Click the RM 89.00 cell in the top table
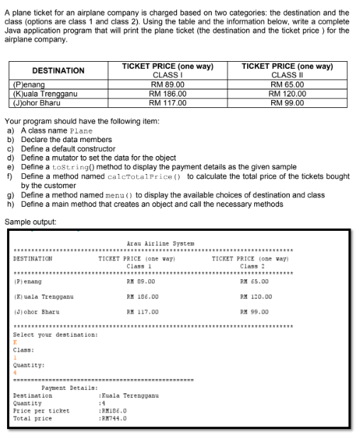tap(168, 85)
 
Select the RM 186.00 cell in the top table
tap(168, 93)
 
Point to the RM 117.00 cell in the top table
tap(168, 102)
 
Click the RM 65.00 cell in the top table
tap(288, 85)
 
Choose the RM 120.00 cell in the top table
tap(288, 93)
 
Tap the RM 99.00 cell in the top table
tap(288, 102)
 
